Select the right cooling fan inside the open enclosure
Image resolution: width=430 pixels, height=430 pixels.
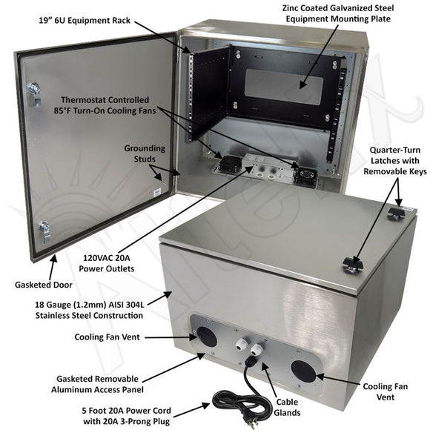(305, 175)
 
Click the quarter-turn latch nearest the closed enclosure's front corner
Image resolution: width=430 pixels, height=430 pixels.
(351, 263)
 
